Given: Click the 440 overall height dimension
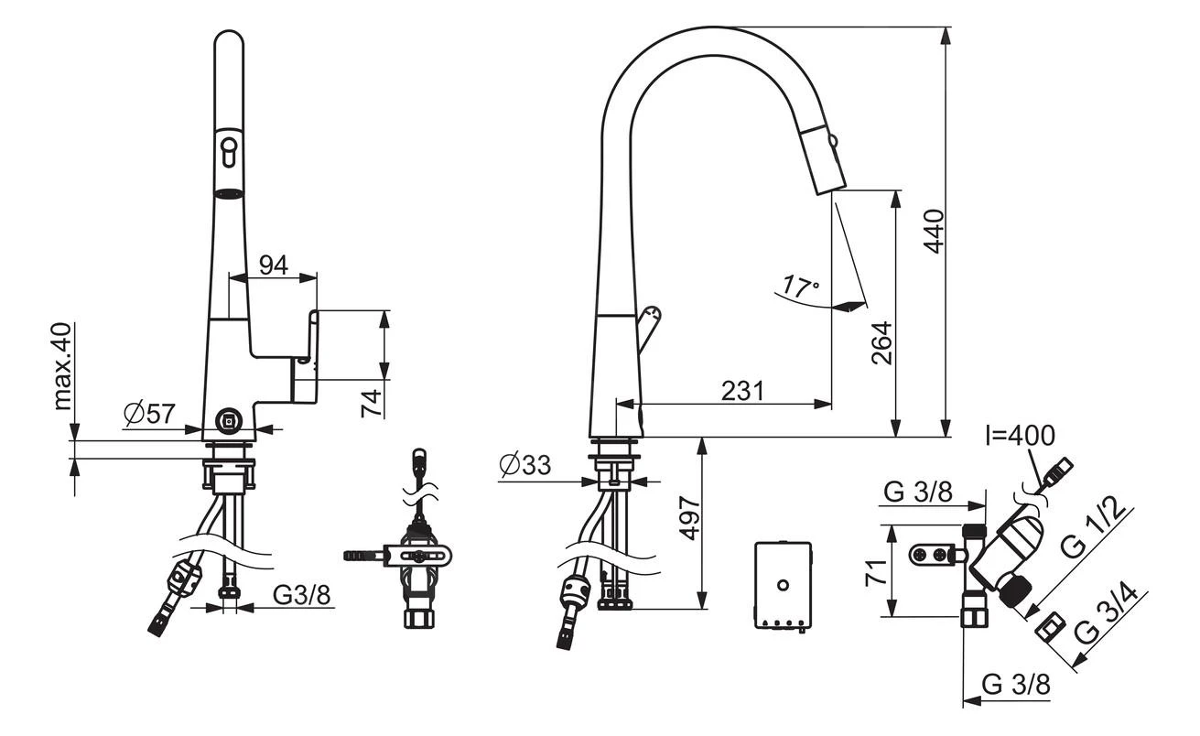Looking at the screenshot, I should tap(933, 232).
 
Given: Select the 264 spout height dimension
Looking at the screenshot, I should tap(881, 343).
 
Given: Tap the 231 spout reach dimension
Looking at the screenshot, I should tap(741, 391).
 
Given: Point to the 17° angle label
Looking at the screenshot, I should tap(801, 287).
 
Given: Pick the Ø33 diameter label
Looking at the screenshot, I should tap(525, 466).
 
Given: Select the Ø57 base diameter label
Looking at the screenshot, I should tap(149, 415).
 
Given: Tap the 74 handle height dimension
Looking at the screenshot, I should tap(370, 404).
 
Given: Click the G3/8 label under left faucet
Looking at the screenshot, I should tap(302, 595).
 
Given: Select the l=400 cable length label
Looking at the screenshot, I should tap(1020, 434).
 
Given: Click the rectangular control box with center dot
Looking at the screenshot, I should tap(783, 585).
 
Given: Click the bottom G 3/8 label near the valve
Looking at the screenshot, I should tap(1015, 684).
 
